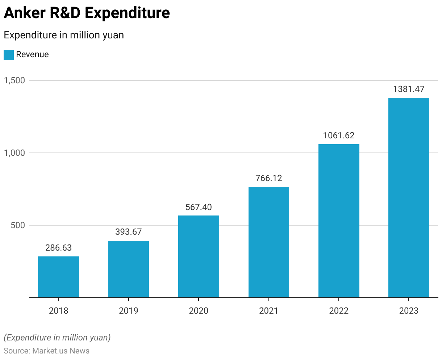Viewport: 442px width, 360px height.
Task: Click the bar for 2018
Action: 58,277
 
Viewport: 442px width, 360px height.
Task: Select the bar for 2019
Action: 129,269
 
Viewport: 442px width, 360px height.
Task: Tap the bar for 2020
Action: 199,256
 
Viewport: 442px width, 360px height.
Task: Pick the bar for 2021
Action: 269,242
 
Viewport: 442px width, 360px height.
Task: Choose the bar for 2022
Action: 339,221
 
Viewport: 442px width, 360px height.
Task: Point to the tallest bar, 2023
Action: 409,198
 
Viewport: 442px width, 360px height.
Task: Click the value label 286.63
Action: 58,248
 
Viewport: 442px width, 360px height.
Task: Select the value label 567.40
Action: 199,207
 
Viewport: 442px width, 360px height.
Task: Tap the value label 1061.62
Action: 339,135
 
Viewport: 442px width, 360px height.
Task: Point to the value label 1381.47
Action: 409,89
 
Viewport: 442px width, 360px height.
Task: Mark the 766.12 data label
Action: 269,178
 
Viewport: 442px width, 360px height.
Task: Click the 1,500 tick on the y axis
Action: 14,80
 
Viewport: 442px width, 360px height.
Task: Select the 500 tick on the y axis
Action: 18,225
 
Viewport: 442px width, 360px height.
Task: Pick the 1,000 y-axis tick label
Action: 14,153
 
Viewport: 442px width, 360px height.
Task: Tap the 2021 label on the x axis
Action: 269,311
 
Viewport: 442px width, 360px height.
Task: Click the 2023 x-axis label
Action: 409,311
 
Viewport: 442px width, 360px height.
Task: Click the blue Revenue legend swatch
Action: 9,55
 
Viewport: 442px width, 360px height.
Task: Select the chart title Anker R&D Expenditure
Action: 87,13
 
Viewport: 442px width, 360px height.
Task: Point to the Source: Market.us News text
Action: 46,351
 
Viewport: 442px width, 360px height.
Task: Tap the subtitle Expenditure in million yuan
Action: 64,35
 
